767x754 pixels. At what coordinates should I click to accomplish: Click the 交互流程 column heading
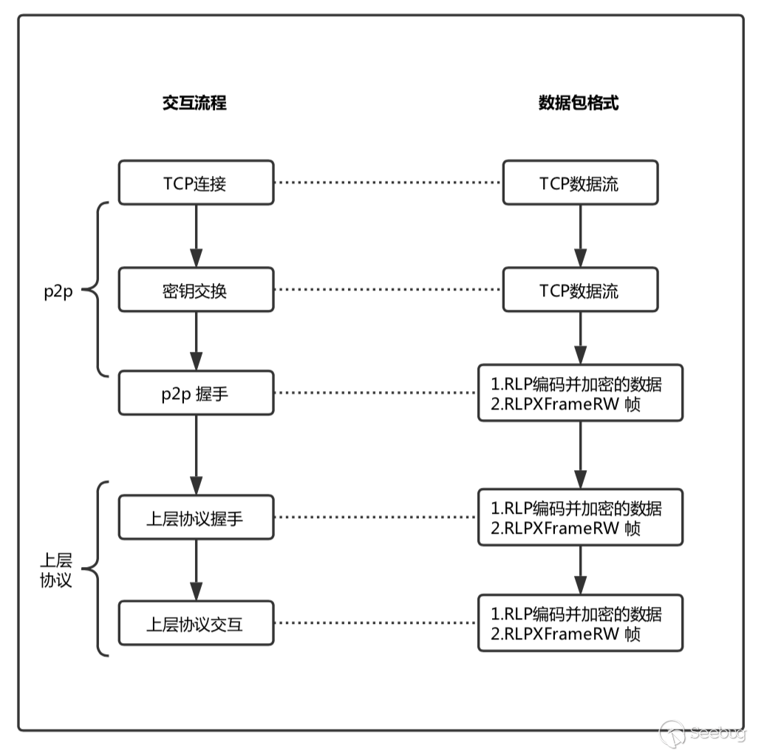coord(194,103)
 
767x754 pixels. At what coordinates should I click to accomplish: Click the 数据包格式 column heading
coord(579,103)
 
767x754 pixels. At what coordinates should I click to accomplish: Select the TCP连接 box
coord(196,183)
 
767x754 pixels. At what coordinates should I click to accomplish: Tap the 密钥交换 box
coord(196,290)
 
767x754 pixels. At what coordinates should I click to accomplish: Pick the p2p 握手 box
coord(196,393)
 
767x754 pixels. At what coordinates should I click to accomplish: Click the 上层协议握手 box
coord(196,518)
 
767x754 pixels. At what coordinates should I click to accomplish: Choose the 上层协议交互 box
coord(196,623)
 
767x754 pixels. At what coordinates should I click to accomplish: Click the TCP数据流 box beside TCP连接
coord(580,183)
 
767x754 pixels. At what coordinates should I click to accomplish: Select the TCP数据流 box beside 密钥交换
coord(580,290)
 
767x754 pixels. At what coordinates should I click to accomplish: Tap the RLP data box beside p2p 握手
coord(580,393)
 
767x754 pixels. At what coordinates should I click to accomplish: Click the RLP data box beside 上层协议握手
coord(580,518)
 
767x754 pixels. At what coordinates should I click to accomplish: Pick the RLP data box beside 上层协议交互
coord(580,623)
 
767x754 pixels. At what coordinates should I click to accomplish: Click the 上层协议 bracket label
coord(56,569)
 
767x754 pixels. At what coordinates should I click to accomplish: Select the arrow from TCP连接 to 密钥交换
coord(197,236)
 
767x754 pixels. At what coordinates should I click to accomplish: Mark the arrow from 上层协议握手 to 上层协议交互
coord(197,571)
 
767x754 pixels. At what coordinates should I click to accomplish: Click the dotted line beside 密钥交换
coord(388,290)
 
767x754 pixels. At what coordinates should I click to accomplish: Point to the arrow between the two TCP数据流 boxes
coord(580,236)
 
